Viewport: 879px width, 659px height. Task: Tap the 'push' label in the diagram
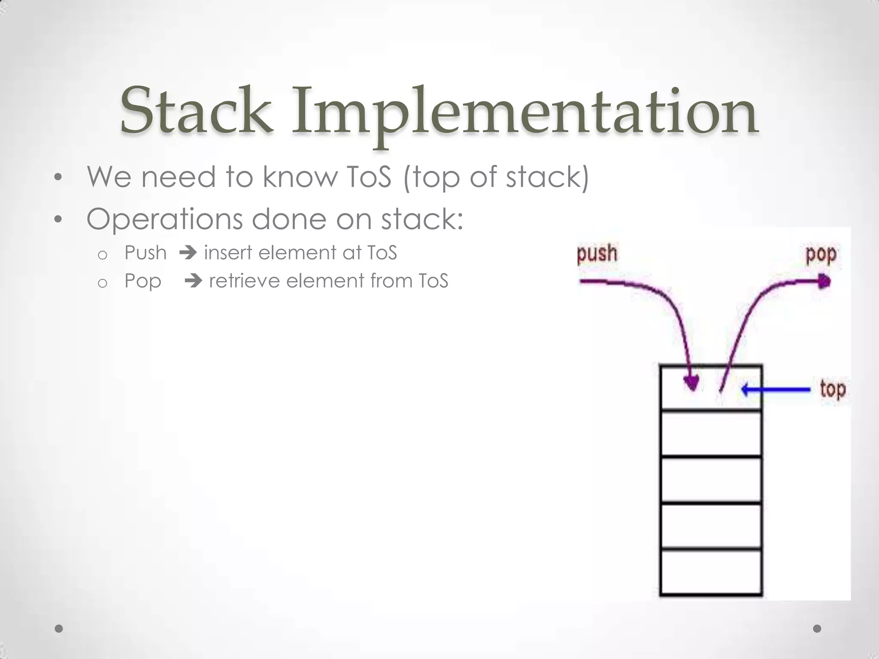coord(597,253)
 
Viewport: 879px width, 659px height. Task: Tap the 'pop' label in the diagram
coord(821,254)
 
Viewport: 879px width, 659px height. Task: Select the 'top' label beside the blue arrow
coord(833,390)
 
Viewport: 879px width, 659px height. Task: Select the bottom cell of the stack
coord(711,572)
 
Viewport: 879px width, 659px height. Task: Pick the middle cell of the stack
coord(711,479)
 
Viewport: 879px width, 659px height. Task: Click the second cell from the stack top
coord(711,433)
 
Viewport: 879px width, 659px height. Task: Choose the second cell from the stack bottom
coord(711,525)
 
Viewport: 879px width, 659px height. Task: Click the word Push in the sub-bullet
coord(145,253)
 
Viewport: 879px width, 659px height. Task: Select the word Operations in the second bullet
coord(164,219)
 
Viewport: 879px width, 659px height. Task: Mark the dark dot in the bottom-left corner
coord(59,629)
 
